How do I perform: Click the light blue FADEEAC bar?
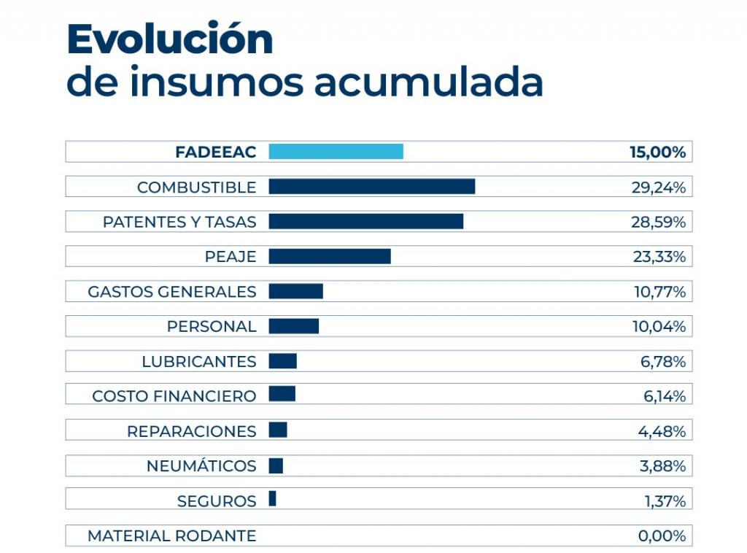point(336,152)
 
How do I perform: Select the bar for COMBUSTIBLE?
point(371,187)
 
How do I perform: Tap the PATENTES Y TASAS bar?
point(365,221)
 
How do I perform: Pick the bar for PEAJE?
point(329,256)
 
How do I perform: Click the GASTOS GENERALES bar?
point(295,291)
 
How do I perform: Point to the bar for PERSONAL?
point(293,326)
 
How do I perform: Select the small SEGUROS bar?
point(272,499)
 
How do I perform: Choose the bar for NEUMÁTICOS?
point(276,465)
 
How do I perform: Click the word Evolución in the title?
point(169,39)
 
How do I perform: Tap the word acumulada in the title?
point(428,82)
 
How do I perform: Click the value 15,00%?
point(657,152)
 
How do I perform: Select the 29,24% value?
point(658,187)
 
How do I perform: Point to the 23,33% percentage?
point(658,257)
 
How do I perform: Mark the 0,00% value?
point(662,536)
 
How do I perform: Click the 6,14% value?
point(661,396)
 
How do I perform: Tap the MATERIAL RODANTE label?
point(171,536)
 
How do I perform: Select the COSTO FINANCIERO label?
point(174,396)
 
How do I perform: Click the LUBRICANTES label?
point(198,362)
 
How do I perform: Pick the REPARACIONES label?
point(191,431)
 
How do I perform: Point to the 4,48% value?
point(661,431)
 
